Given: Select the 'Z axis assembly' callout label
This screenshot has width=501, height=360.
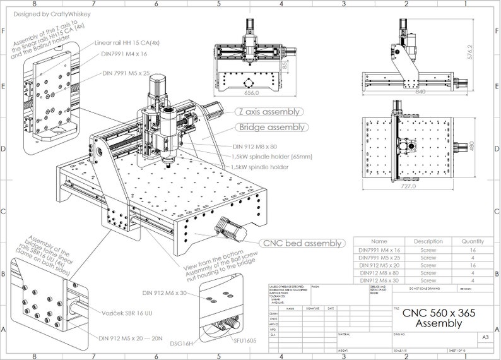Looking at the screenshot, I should tap(268, 112).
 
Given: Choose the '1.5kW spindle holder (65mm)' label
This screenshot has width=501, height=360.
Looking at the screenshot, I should tap(271, 156).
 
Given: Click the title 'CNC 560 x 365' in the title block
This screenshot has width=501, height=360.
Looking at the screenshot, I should tap(439, 313).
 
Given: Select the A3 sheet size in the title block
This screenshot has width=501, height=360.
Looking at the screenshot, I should tap(485, 338).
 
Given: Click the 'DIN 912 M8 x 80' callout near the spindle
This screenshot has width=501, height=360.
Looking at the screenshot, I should tap(256, 147).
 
